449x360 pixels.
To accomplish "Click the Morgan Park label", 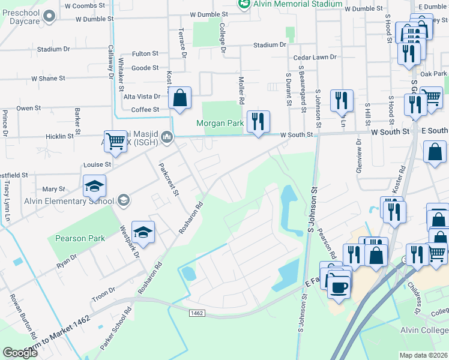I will (220, 124).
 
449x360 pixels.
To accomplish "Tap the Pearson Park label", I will (80, 238).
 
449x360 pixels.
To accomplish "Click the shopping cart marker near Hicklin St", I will (115, 142).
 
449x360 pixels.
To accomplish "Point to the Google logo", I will (20, 353).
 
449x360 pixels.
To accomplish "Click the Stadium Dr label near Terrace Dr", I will (53, 49).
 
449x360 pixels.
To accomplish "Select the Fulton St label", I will (145, 54).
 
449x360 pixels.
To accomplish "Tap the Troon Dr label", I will (103, 292).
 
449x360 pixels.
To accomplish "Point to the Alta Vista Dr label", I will (142, 96).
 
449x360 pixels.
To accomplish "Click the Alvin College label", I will (429, 330).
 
